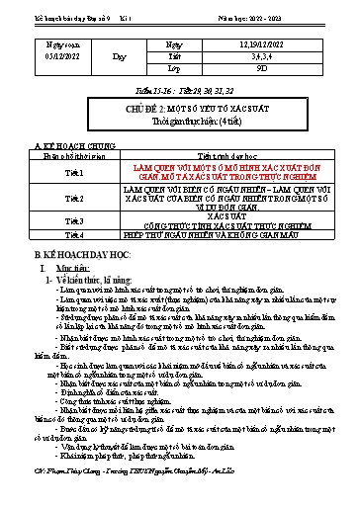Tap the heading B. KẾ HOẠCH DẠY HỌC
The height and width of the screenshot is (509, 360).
(x=69, y=256)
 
